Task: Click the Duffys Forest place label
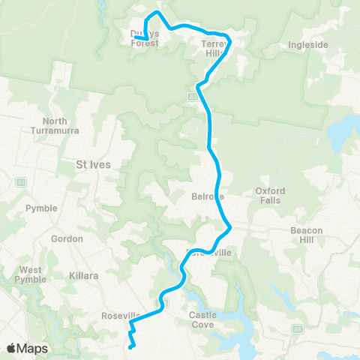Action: pos(145,38)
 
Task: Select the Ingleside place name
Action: pos(308,45)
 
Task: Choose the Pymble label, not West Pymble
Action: pos(40,208)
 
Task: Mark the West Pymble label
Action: pos(31,274)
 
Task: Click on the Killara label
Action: pos(84,276)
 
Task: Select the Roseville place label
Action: pos(120,316)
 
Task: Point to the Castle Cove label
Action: pos(202,319)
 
